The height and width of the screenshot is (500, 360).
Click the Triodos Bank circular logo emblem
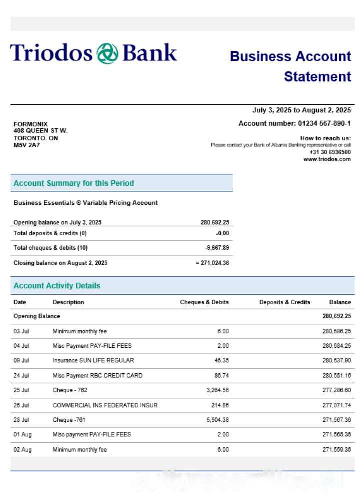(x=107, y=53)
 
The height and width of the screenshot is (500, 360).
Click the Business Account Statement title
(x=290, y=66)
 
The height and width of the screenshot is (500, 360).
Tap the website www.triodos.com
(x=327, y=159)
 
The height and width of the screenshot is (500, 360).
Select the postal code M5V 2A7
(x=27, y=145)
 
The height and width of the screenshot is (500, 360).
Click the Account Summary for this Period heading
(x=74, y=183)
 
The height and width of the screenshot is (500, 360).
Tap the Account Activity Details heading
(x=57, y=286)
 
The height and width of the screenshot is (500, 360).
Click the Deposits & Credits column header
(x=284, y=302)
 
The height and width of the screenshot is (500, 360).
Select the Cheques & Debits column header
(x=204, y=302)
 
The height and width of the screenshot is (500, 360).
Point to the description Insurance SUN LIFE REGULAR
(x=93, y=360)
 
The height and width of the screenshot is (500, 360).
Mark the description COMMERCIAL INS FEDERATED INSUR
(x=105, y=405)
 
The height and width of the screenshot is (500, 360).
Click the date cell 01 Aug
(x=22, y=435)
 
